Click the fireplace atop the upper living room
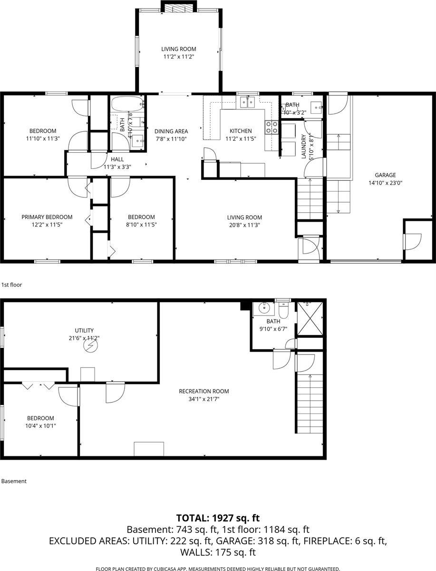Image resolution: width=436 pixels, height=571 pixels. pos(179,8)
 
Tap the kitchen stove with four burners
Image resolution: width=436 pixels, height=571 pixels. pos(271,127)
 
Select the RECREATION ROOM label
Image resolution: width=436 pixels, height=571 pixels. pos(203,391)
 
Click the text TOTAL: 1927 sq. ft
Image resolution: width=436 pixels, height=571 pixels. pos(218,518)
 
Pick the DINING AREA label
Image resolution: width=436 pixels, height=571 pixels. pos(171,131)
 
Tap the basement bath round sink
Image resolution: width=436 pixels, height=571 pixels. pos(264,308)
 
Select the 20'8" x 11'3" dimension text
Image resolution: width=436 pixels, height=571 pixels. pos(244,225)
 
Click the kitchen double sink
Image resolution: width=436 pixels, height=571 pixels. pos(247,101)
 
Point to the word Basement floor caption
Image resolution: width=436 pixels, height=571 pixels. pos(14,481)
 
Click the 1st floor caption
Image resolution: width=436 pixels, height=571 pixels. pos(12,285)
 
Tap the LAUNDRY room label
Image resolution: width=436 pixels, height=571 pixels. pos(304,147)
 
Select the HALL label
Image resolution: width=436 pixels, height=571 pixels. pos(117,159)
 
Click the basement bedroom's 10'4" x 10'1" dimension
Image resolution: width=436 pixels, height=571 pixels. pos(40,426)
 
